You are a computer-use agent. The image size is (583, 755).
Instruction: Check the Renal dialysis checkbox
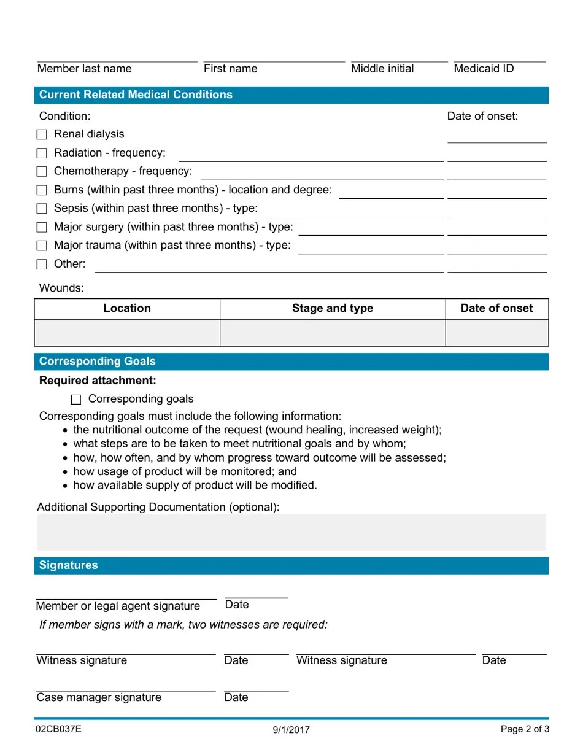point(42,134)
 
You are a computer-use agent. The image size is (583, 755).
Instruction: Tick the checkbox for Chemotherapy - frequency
point(42,171)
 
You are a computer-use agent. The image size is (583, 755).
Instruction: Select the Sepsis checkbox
point(42,209)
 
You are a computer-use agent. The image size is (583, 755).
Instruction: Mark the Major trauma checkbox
point(42,246)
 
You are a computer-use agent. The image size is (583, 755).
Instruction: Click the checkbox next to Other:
point(42,265)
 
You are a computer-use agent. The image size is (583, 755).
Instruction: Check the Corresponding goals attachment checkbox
point(76,400)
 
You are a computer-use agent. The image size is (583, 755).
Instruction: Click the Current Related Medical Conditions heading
point(136,95)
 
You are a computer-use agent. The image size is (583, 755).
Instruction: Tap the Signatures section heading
point(68,565)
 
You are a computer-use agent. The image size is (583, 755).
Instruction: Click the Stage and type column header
point(332,308)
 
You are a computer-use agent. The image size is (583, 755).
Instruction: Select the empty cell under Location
point(127,333)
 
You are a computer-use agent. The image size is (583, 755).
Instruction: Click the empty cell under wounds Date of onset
point(496,333)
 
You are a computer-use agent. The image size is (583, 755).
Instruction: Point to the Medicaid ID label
point(484,69)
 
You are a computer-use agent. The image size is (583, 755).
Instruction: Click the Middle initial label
point(382,69)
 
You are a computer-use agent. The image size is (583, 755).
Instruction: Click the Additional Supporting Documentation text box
point(291,532)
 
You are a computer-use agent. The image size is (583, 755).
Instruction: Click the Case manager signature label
point(99,697)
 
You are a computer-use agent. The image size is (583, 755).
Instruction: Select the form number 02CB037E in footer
point(58,729)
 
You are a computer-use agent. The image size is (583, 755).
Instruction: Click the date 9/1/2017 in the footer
point(291,730)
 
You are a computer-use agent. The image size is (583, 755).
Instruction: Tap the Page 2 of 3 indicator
point(525,729)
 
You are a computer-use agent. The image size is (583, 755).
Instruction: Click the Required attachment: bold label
point(98,381)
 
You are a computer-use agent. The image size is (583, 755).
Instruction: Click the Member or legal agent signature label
point(118,606)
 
